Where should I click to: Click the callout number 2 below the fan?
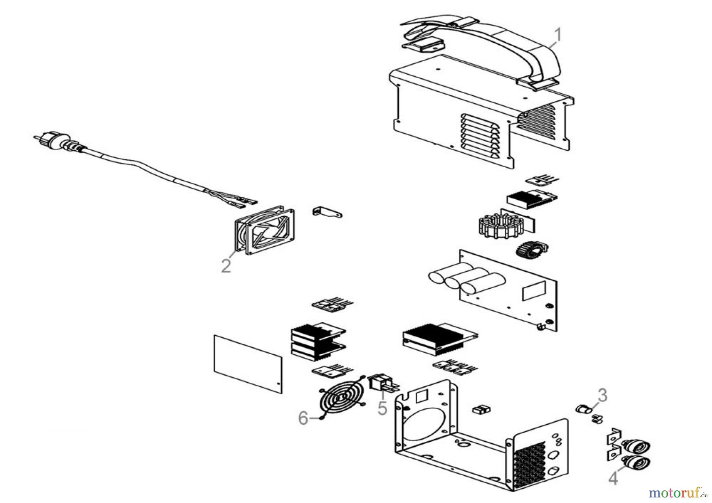tap(226, 265)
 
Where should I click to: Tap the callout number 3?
tap(602, 395)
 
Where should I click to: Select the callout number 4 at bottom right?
tap(613, 478)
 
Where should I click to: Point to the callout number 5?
tap(382, 408)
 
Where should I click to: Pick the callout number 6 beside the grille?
tap(303, 418)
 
